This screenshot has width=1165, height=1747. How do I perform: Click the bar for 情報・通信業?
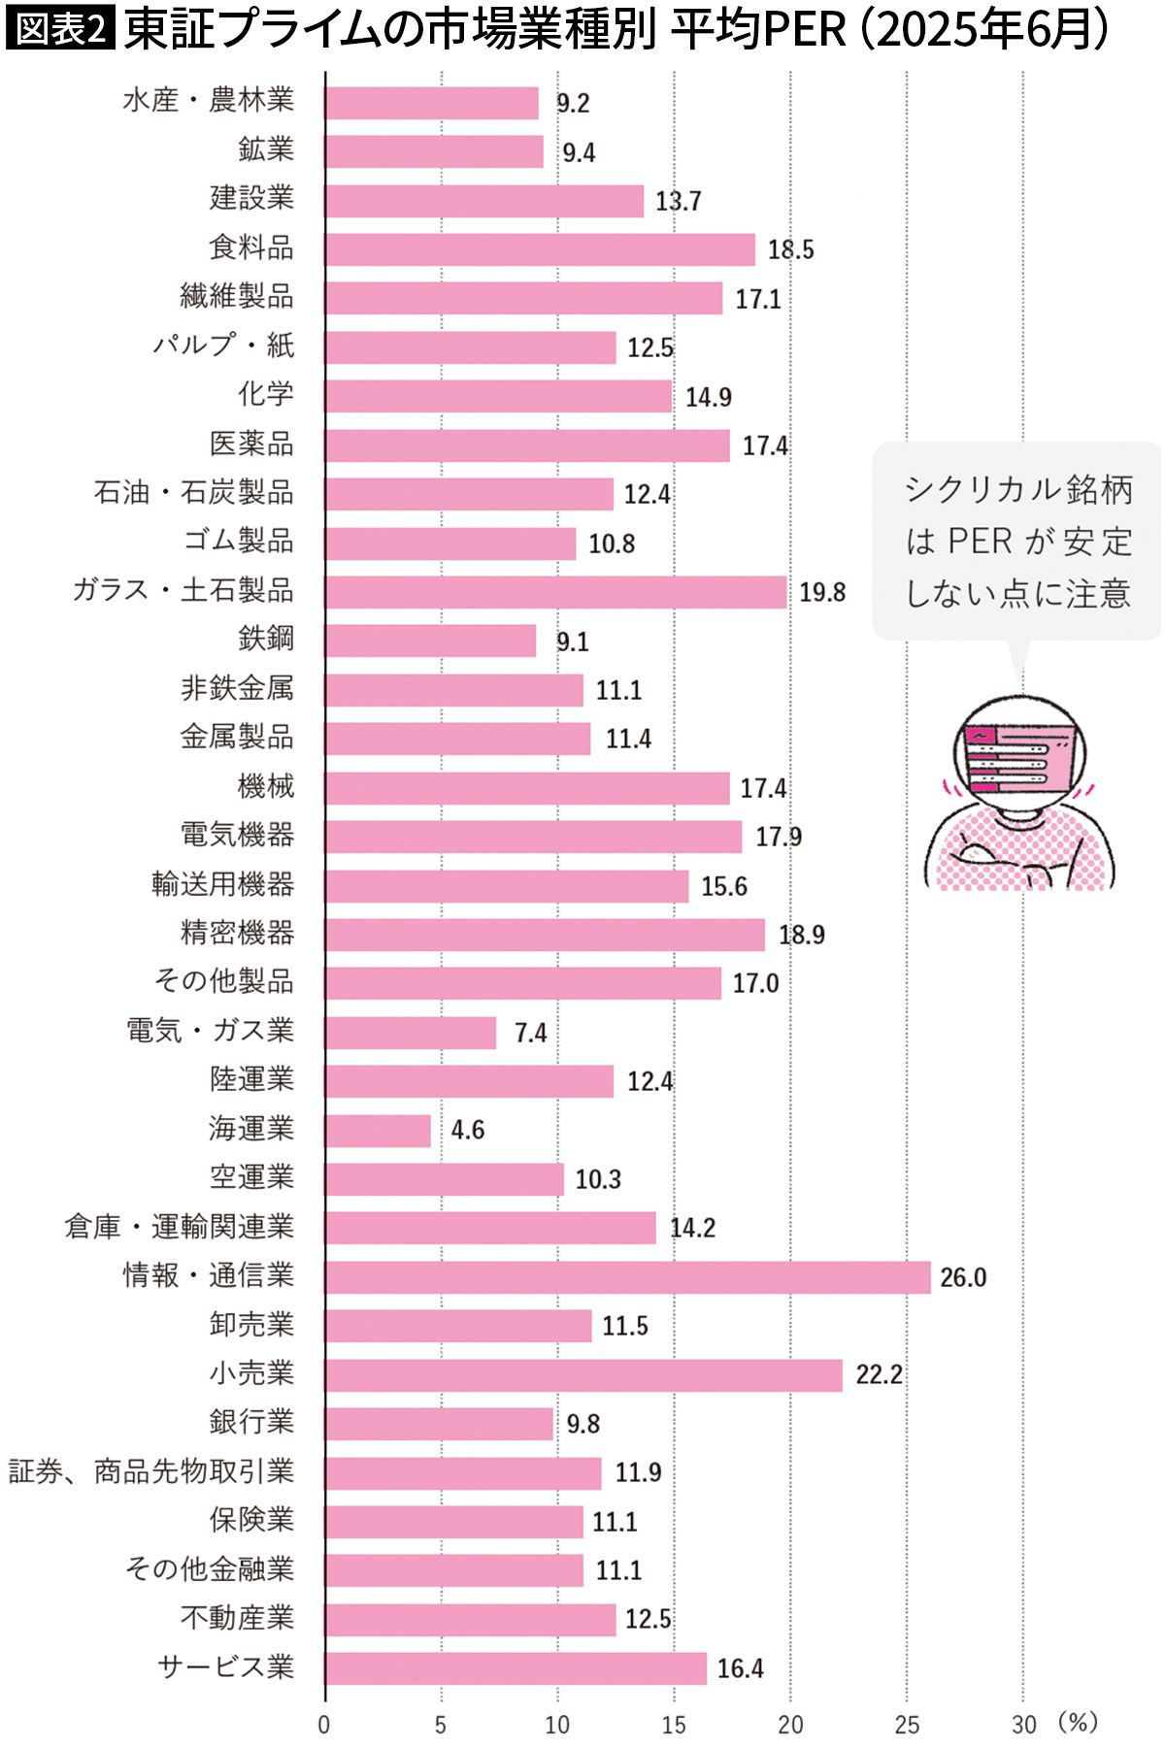click(627, 1277)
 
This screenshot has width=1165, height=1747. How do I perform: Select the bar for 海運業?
click(379, 1131)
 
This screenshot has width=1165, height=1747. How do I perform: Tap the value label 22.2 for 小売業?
click(879, 1374)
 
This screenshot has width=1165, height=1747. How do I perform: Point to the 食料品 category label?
click(251, 247)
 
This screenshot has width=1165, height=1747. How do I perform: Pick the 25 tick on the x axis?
click(907, 1725)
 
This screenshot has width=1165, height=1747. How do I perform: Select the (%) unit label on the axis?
click(1077, 1723)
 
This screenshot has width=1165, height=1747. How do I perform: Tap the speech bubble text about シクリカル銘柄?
click(1018, 541)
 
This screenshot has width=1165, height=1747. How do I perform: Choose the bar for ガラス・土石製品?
click(555, 592)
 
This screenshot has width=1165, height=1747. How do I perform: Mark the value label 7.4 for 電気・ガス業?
click(531, 1033)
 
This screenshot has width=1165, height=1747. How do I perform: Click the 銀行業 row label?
click(251, 1422)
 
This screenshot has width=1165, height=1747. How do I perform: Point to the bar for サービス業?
click(516, 1668)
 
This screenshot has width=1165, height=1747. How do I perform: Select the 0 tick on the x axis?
click(324, 1725)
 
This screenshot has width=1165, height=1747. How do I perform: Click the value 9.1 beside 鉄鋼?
click(572, 642)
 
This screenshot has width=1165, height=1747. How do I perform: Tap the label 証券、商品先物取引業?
click(151, 1471)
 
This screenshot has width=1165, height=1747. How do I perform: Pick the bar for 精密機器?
click(545, 935)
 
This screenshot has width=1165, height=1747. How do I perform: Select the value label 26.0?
click(962, 1277)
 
